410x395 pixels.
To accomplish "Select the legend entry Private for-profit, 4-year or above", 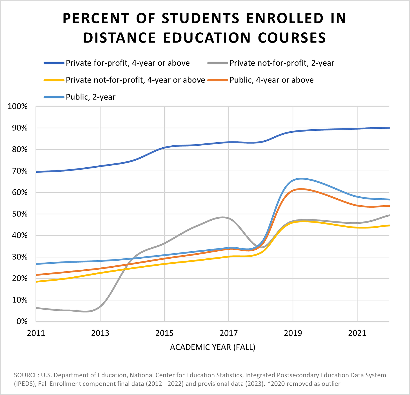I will coord(128,63).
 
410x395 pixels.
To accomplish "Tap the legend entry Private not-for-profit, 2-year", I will coord(282,63).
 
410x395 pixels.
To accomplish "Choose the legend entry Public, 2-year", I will coord(90,97).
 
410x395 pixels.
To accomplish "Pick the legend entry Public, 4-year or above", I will coord(271,80).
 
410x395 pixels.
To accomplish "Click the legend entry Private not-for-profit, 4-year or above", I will coord(135,80).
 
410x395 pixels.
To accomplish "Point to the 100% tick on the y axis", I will coord(18,106).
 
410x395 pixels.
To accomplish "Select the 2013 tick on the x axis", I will coord(100,333).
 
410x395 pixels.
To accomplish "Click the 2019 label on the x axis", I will coord(293,333).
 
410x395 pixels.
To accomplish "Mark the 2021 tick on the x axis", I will coord(357,333).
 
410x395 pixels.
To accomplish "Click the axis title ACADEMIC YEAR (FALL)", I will coord(213,347).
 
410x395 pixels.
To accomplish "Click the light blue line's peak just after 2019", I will coord(301,179).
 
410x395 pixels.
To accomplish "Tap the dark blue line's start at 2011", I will coord(36,172).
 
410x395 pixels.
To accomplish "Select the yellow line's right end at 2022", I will coord(389,225).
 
